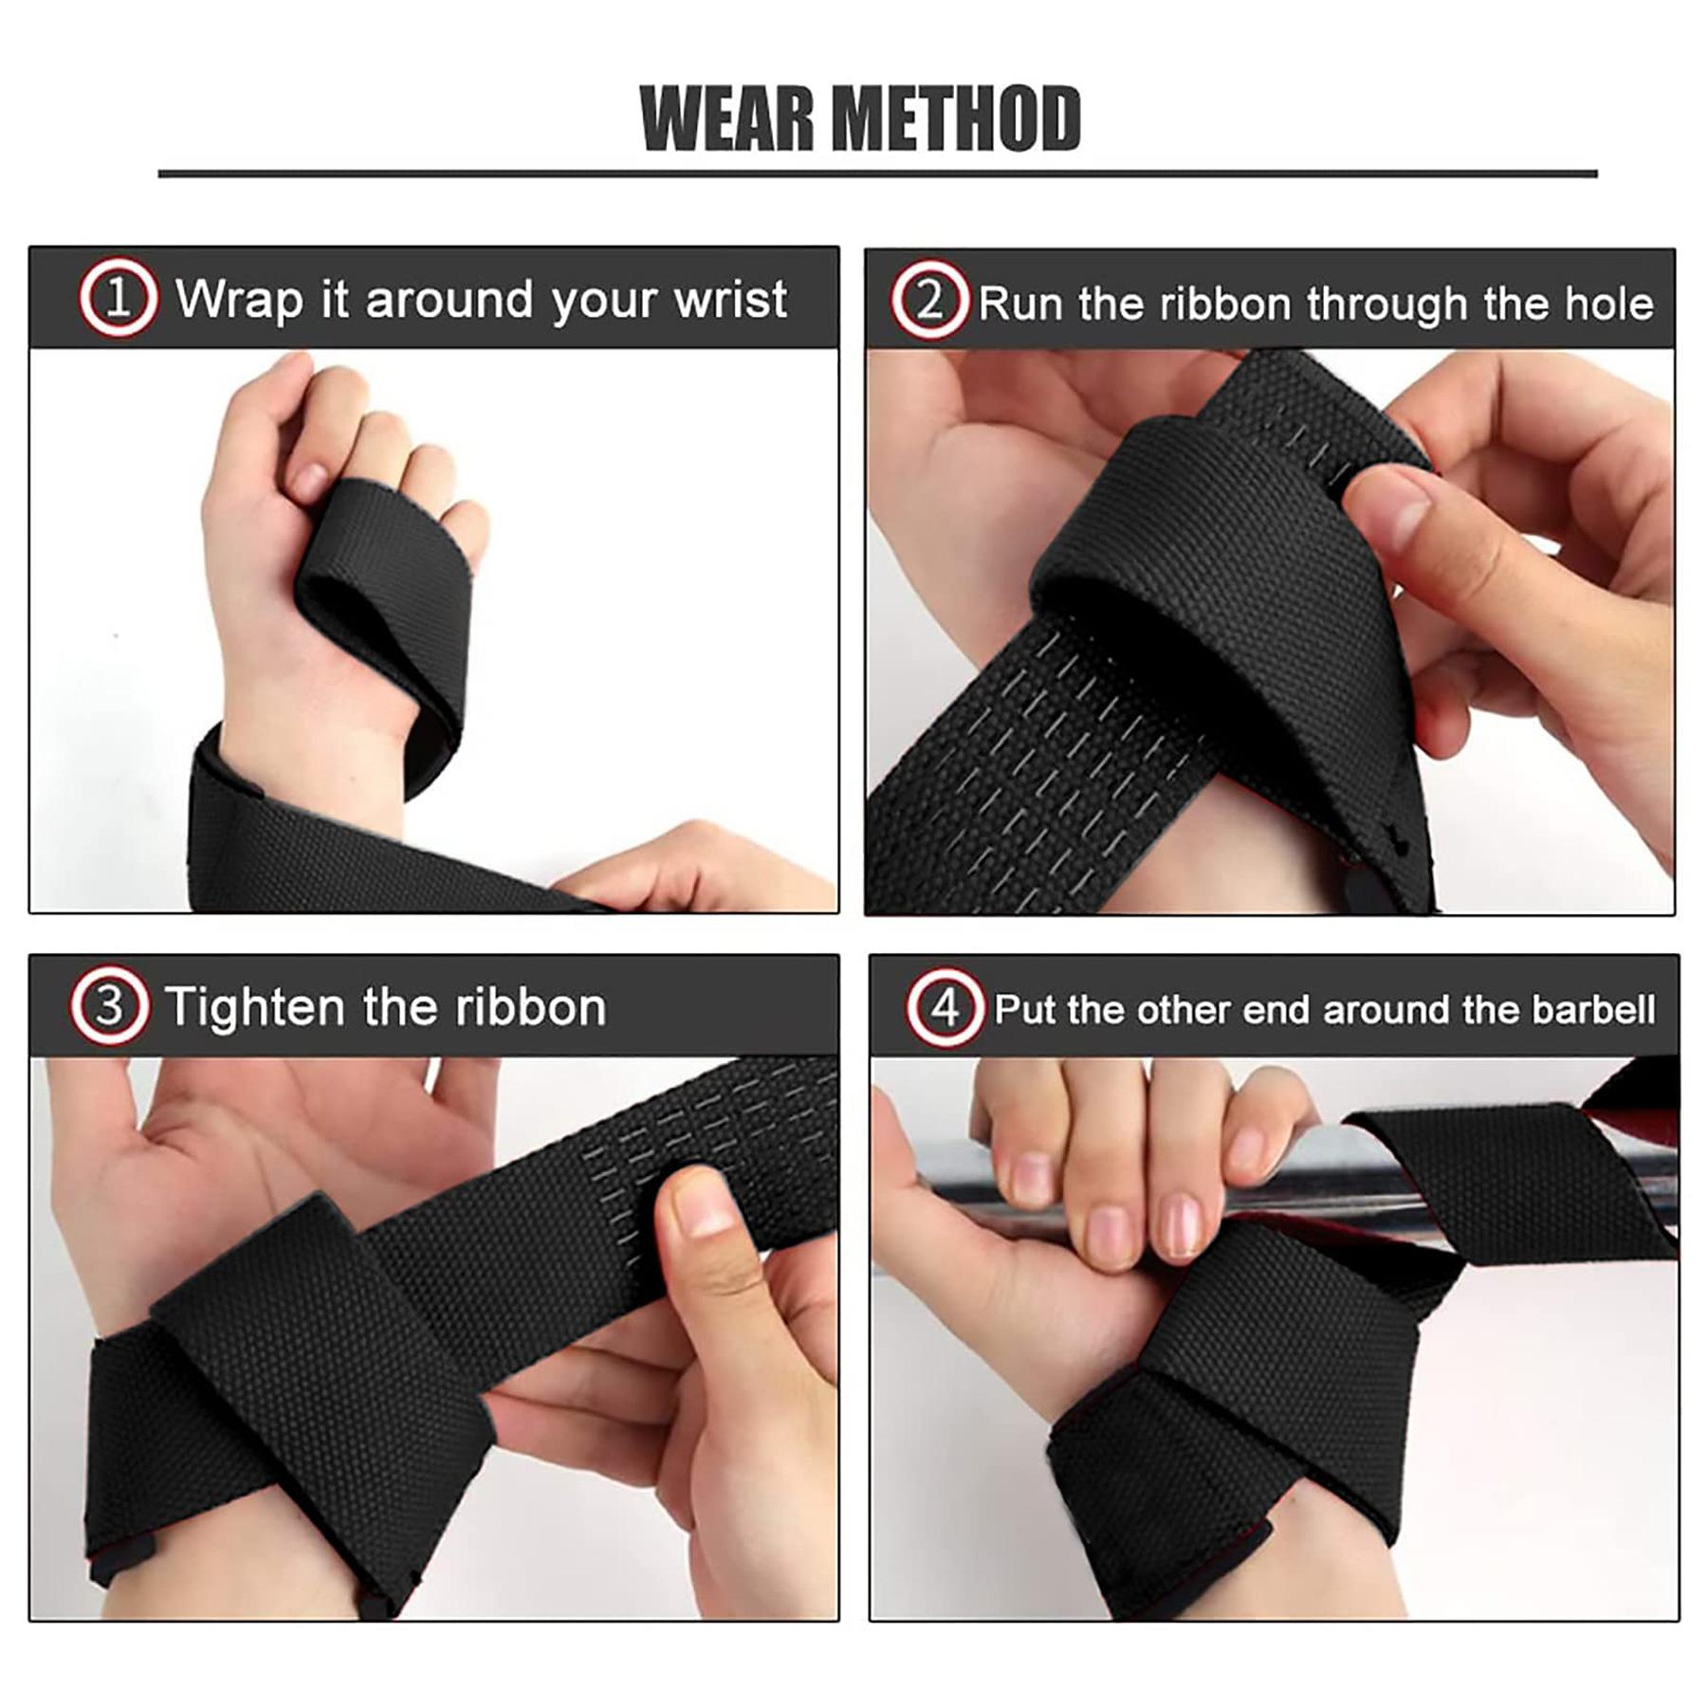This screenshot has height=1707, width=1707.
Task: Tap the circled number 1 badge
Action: click(x=118, y=299)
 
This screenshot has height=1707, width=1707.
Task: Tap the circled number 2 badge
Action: click(x=929, y=301)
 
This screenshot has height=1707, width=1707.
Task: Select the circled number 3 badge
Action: click(x=109, y=1006)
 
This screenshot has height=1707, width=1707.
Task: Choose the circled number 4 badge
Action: click(x=945, y=1008)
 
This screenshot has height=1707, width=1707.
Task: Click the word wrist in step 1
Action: click(x=729, y=300)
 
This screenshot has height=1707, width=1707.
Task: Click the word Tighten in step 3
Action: click(x=254, y=1006)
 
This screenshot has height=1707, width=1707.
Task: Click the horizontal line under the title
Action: click(x=877, y=174)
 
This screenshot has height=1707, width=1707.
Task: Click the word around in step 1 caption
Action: click(x=450, y=300)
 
